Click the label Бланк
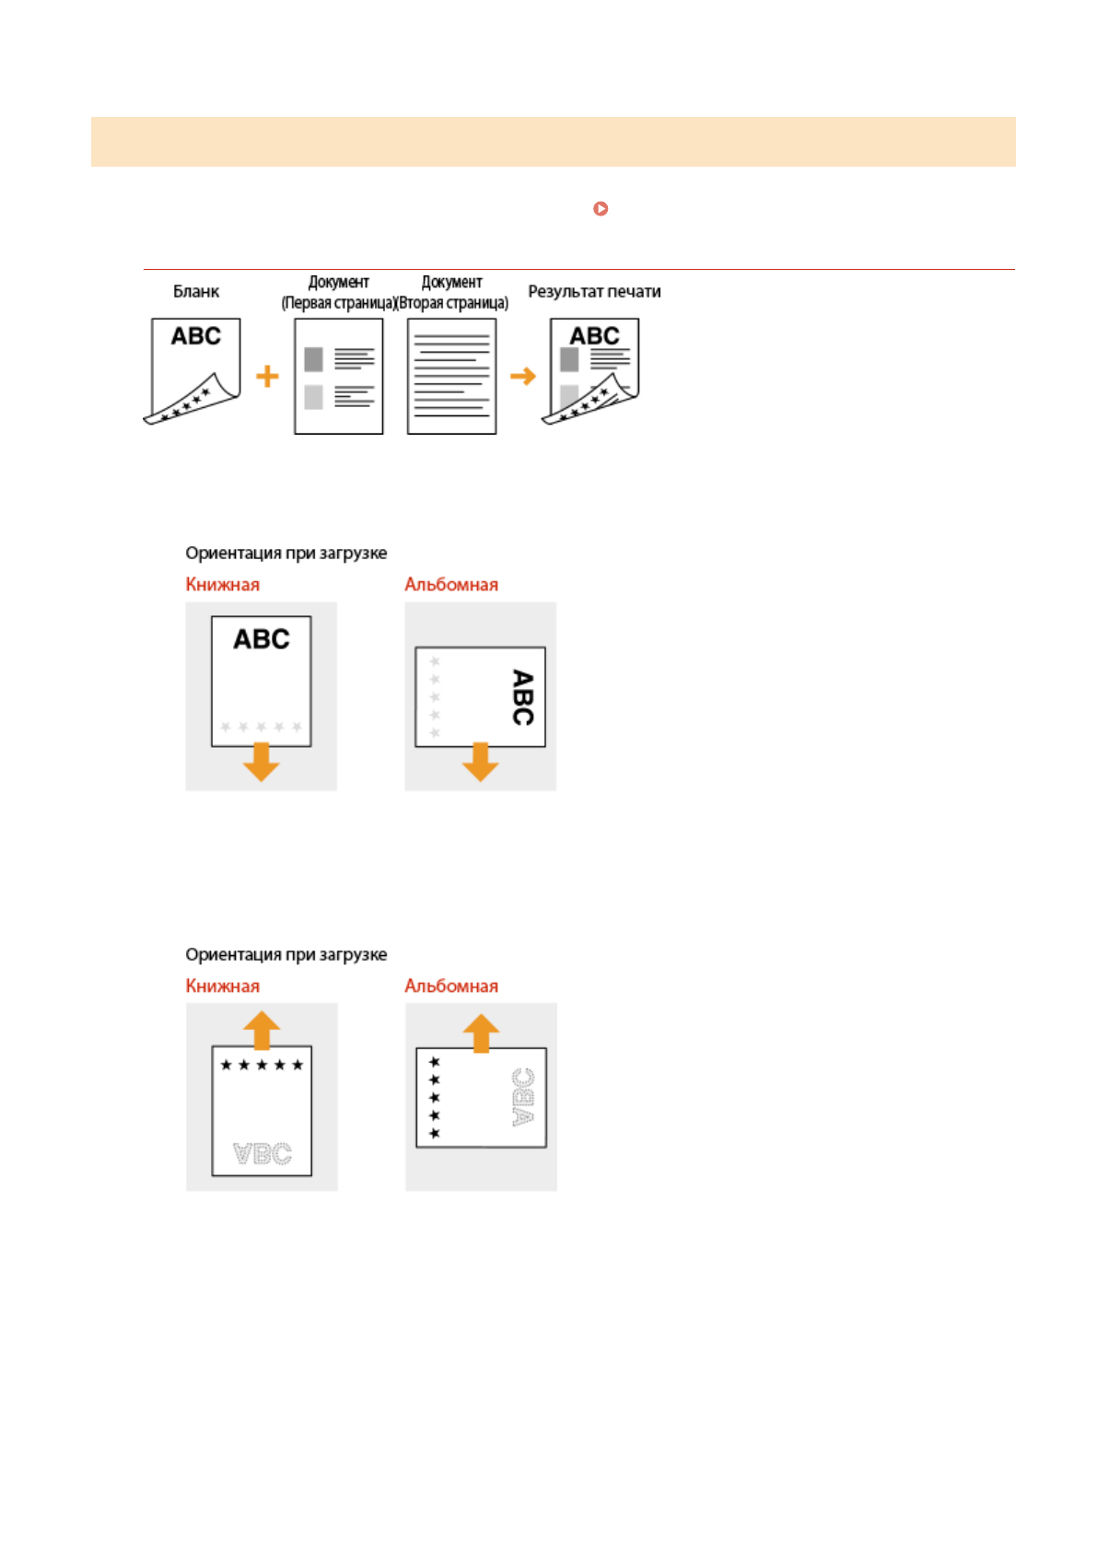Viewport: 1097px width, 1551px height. coord(196,291)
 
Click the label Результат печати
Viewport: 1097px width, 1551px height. coord(594,291)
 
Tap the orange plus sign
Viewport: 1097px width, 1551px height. coord(267,376)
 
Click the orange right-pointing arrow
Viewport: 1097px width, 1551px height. coord(522,376)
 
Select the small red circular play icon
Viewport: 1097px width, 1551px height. coord(601,209)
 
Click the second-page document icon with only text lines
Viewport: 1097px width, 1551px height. coord(451,376)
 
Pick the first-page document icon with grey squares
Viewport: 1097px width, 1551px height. coord(338,376)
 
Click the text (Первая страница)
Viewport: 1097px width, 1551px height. coord(338,303)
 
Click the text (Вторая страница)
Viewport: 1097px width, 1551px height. coord(452,303)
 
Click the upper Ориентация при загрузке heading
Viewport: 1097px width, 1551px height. coord(286,553)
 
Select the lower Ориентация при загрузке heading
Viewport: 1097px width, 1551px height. coord(286,954)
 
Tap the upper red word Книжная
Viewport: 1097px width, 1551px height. coord(222,584)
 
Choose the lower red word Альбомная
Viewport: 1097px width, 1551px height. coord(451,985)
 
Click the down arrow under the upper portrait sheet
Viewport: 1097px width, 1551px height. coord(262,762)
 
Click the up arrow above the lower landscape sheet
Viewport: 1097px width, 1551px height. coord(481,1032)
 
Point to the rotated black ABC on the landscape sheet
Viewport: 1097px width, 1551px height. coord(522,697)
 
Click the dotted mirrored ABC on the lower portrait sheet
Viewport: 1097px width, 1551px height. coord(263,1153)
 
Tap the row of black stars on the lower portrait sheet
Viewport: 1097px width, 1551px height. coord(262,1065)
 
